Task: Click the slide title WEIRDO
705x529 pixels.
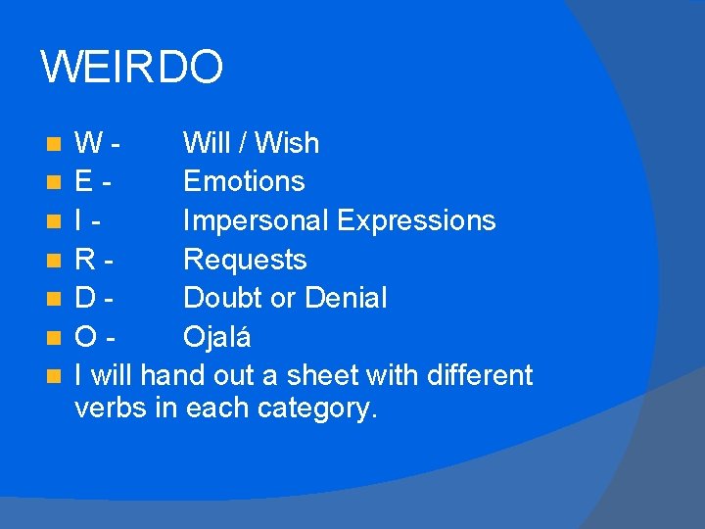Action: pos(132,68)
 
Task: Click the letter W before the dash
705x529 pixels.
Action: pos(89,143)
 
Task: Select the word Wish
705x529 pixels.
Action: pos(289,143)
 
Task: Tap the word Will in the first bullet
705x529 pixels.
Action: pos(208,143)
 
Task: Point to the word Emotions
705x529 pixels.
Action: pos(244,181)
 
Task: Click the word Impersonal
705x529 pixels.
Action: pos(257,220)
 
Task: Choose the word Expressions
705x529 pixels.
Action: pos(416,220)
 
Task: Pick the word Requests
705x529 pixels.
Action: pos(245,260)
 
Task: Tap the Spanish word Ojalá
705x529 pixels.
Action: pos(217,337)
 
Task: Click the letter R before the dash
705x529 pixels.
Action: pos(86,260)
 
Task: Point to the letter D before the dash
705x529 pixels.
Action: pos(86,298)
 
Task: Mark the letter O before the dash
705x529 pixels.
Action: pos(87,337)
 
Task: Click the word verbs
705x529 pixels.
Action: pos(111,409)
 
